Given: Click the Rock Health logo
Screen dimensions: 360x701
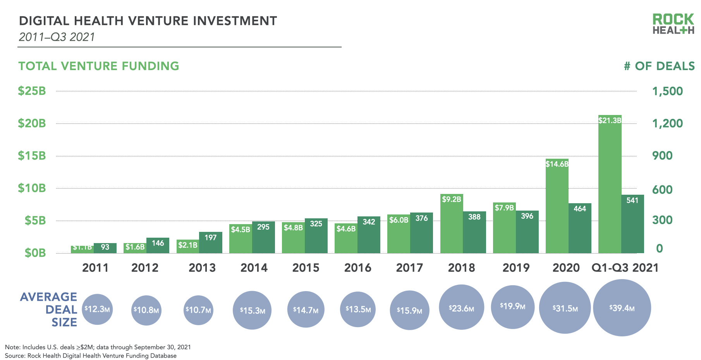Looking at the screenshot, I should click(x=673, y=24).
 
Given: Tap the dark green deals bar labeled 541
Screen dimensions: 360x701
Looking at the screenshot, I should click(x=632, y=225).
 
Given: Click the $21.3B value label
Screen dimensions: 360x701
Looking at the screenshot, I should click(x=610, y=120).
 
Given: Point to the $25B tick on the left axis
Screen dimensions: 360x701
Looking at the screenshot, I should click(x=32, y=91).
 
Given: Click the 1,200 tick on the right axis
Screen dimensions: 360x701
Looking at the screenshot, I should click(x=667, y=123).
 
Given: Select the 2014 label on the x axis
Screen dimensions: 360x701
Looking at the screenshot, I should click(x=254, y=267).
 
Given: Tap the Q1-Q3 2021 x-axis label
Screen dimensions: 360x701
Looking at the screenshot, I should click(x=625, y=267).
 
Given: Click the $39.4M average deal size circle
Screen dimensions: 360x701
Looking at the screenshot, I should click(x=622, y=308).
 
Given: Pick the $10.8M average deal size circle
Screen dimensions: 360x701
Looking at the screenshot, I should click(x=146, y=310).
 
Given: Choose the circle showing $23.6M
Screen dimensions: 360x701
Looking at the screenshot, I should click(x=461, y=308).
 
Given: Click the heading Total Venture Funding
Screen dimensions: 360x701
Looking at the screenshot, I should click(x=99, y=66).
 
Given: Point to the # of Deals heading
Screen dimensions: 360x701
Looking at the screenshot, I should click(x=659, y=66).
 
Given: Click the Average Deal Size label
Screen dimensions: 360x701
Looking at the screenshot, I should click(x=49, y=309).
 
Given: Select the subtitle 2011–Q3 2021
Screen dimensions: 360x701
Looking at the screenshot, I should click(x=57, y=37).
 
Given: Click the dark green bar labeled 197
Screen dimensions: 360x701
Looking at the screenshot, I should click(x=210, y=243).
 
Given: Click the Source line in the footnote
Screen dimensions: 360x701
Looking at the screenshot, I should click(x=91, y=356).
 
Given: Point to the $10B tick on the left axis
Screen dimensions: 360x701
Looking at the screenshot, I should click(x=32, y=188).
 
